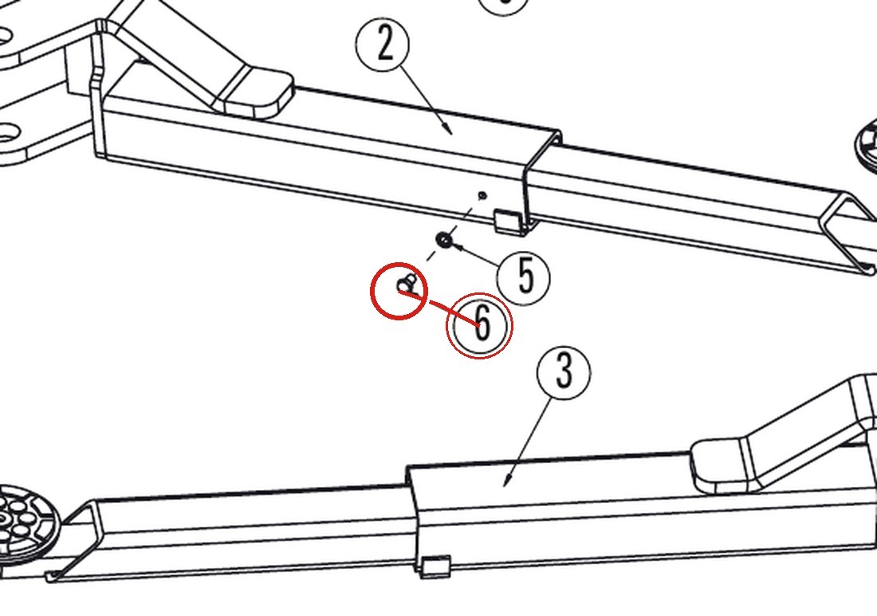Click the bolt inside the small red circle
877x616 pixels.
click(407, 284)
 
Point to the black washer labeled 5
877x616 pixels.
click(444, 241)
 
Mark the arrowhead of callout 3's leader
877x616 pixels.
click(507, 479)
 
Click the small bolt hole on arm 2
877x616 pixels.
click(482, 196)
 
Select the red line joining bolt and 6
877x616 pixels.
click(439, 308)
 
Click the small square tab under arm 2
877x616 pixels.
click(507, 220)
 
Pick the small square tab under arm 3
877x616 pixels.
click(435, 567)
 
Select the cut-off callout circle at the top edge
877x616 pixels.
click(504, 6)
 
